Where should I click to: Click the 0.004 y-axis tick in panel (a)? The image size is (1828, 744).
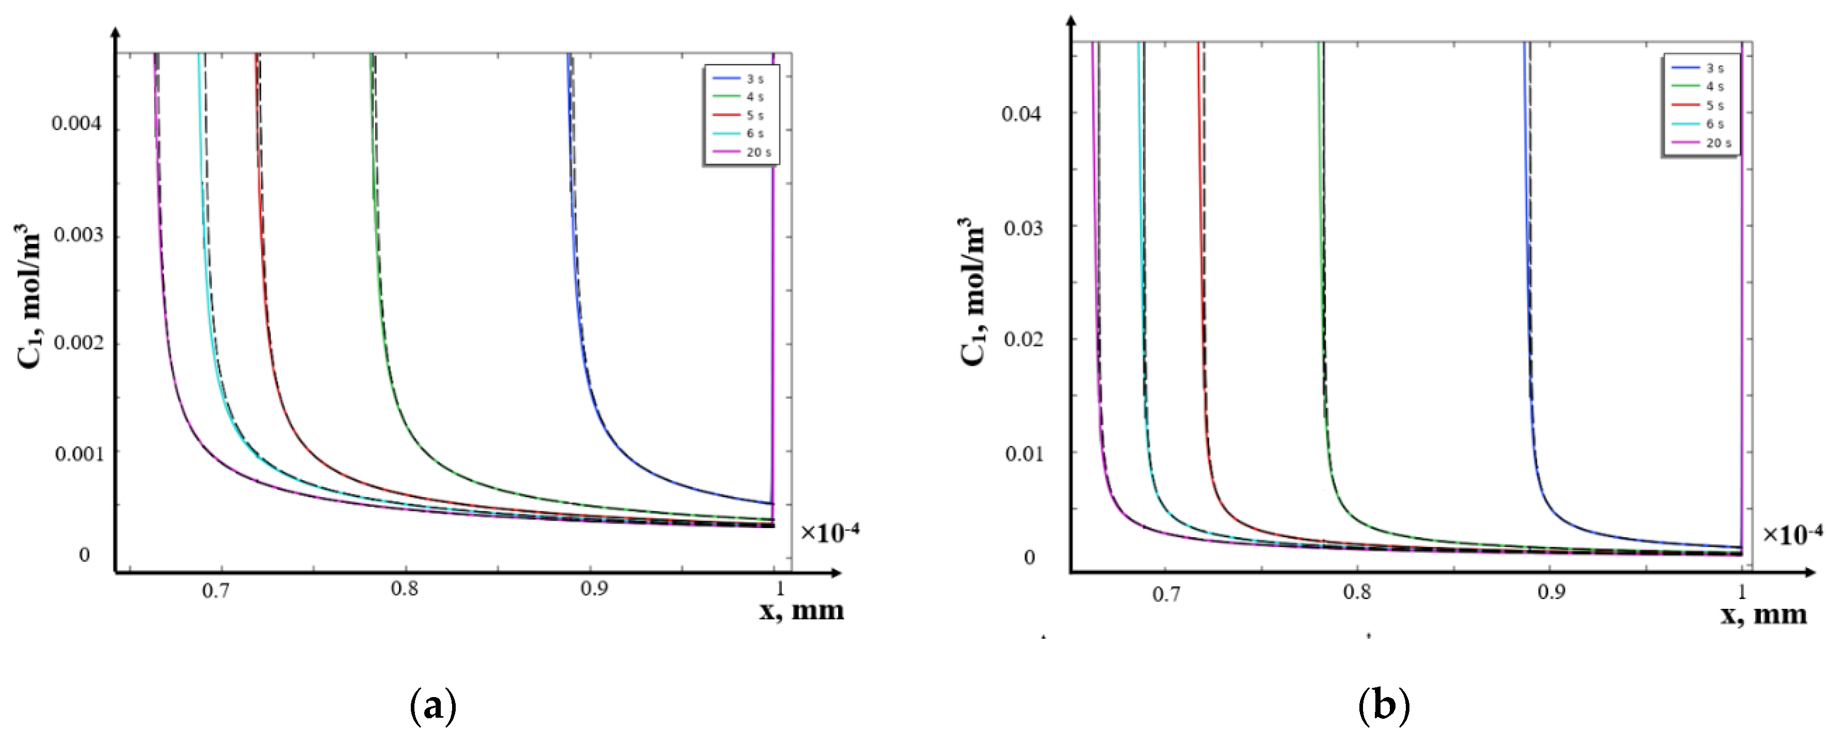coord(76,125)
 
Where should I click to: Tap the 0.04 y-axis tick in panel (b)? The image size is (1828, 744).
coord(1022,113)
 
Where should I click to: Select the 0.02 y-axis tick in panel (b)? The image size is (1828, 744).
coord(1022,339)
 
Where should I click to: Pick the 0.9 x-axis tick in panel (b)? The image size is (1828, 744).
coord(1551,593)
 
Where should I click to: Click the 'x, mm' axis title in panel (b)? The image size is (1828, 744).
coord(1763,614)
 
